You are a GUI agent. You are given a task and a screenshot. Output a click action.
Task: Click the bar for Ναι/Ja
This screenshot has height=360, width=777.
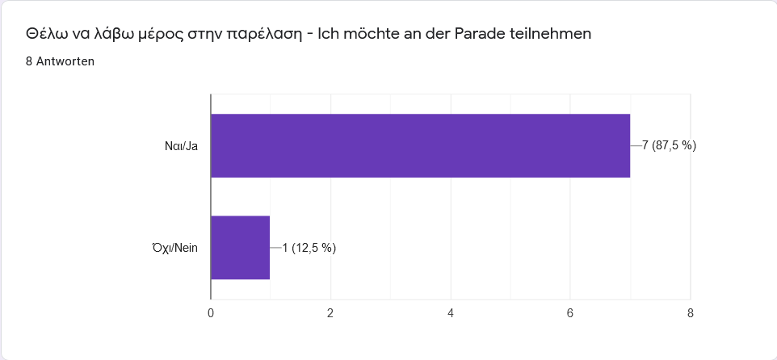pos(420,145)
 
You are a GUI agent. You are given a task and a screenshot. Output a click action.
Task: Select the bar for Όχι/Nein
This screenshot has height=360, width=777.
pos(240,248)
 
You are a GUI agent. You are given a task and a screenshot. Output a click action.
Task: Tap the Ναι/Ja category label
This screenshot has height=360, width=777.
pos(181,146)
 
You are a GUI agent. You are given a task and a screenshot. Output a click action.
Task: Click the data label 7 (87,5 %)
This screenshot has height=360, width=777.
pos(669,145)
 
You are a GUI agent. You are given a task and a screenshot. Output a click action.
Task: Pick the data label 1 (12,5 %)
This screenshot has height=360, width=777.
pos(309,248)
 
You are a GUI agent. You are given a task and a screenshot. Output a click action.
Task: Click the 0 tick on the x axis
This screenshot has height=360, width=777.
pos(211,312)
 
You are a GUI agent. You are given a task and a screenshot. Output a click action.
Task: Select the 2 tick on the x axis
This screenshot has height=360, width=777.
pos(330,312)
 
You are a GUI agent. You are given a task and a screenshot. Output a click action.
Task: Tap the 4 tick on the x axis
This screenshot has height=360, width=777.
pos(451,312)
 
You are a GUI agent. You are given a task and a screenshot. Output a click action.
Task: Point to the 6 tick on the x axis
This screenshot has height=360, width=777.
pos(570,312)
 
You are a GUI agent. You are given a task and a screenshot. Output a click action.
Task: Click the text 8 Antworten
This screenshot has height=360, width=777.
pos(60,61)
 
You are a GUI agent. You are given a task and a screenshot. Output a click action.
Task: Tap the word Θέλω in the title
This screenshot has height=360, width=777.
pos(45,34)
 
